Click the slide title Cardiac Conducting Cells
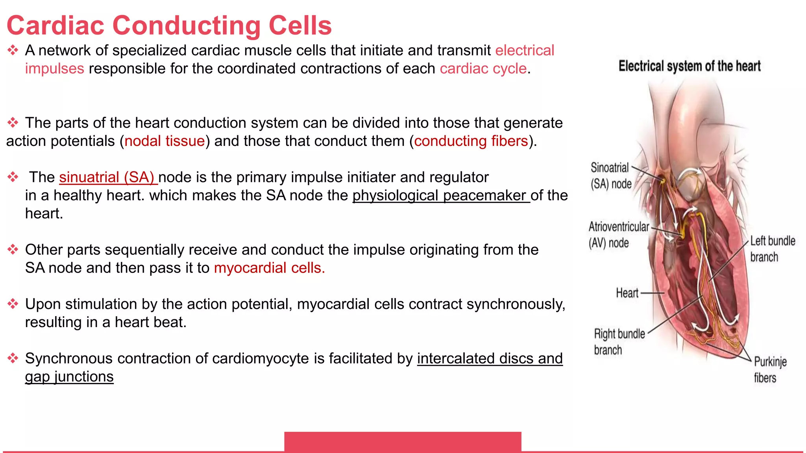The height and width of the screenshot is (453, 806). [169, 26]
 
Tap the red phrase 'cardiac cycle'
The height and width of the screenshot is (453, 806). [483, 69]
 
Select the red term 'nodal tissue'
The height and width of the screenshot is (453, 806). [165, 141]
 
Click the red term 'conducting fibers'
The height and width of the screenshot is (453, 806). [471, 141]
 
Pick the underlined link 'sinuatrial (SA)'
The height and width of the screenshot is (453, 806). [108, 177]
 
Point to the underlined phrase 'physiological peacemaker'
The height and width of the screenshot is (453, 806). [441, 195]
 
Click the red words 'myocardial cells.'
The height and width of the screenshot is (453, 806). [269, 268]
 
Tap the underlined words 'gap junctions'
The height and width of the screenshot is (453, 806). [69, 377]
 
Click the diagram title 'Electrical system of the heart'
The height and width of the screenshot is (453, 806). [690, 66]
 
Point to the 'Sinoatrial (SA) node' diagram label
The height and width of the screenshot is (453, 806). [611, 176]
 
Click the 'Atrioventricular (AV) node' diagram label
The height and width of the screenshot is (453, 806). [618, 235]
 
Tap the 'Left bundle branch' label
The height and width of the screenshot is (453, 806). [772, 249]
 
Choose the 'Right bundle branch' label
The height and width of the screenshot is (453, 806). [619, 342]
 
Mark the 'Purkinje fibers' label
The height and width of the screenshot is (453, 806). [770, 370]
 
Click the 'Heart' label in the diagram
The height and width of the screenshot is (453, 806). [627, 293]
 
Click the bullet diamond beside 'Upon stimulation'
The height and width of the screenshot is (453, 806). [13, 304]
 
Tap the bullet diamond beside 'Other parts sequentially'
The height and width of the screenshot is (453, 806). [13, 250]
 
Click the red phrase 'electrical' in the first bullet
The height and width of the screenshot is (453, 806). [524, 51]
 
